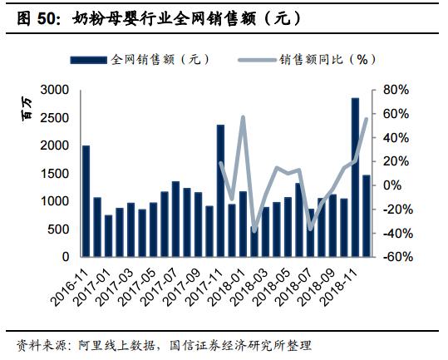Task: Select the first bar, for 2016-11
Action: [86, 200]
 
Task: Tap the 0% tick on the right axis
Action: [391, 185]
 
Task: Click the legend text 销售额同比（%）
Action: [328, 60]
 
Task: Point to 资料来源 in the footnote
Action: [38, 344]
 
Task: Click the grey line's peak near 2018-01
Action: [243, 116]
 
